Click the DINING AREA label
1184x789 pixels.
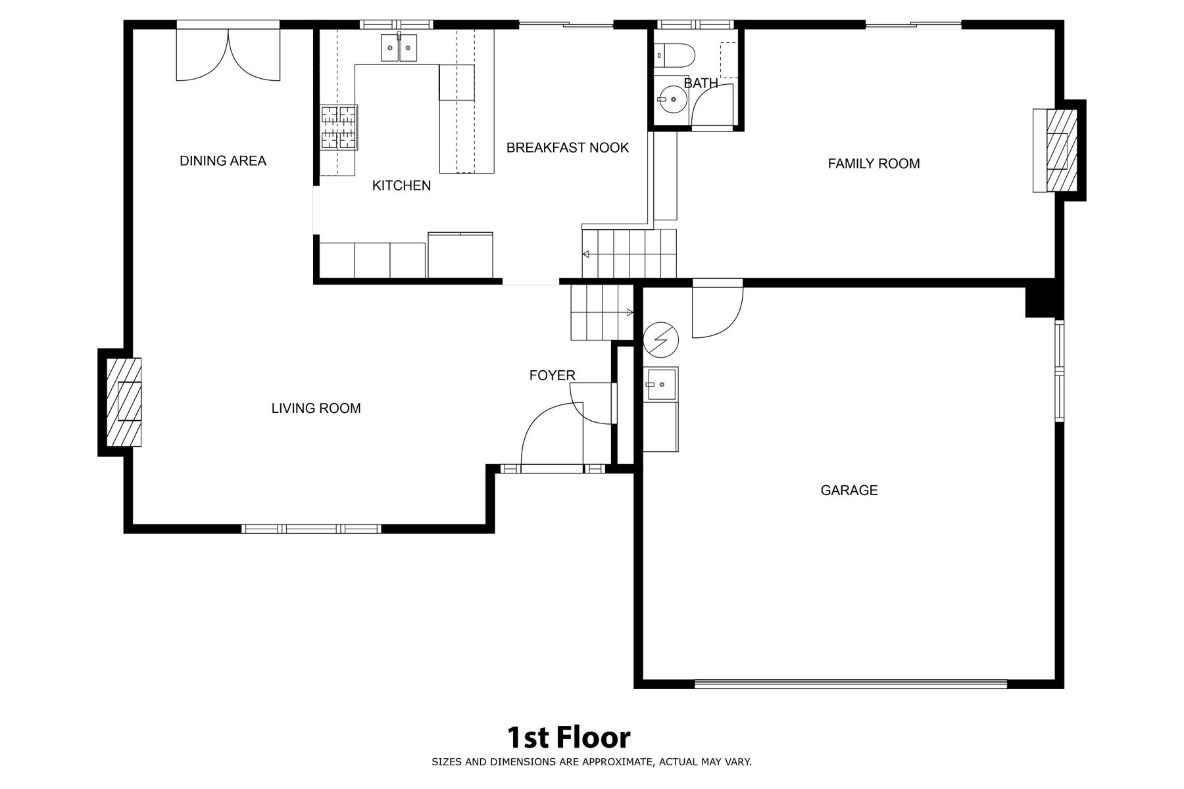click(x=223, y=161)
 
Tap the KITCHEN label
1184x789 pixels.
click(x=401, y=185)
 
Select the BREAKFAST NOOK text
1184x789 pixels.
click(x=568, y=148)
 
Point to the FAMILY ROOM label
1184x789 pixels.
click(x=874, y=164)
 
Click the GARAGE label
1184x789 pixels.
click(x=849, y=490)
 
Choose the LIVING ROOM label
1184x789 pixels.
click(x=316, y=408)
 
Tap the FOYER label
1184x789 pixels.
click(x=553, y=375)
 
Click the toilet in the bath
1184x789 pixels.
click(x=675, y=55)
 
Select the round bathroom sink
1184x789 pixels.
click(x=672, y=99)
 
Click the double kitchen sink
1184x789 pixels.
click(x=399, y=47)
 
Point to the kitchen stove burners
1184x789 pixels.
click(x=339, y=127)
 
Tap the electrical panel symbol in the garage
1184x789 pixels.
click(x=660, y=339)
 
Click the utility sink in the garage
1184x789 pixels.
click(x=660, y=383)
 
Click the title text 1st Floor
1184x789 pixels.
click(x=568, y=738)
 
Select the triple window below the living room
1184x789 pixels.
click(x=311, y=529)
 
